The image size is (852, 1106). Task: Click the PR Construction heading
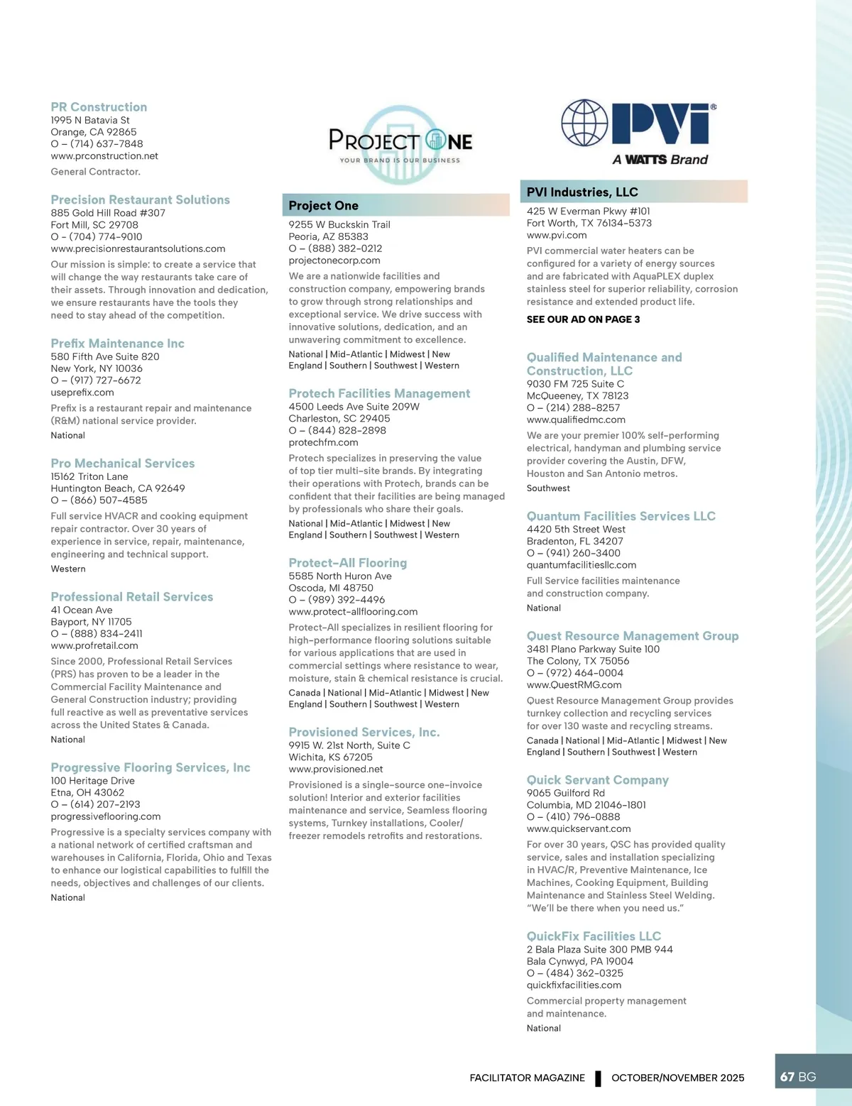[99, 107]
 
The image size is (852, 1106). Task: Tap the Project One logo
[400, 144]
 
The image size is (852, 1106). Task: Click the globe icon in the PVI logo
[584, 123]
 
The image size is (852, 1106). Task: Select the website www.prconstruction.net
[104, 156]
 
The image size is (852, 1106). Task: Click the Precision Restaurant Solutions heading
[140, 200]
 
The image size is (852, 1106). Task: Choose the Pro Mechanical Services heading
[122, 464]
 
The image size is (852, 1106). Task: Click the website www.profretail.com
[94, 646]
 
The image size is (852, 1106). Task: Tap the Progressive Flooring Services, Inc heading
[151, 768]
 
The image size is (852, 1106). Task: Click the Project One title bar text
[323, 206]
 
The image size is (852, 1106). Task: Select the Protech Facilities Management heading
[379, 394]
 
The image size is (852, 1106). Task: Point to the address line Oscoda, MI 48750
[331, 588]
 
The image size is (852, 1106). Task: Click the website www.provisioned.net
[336, 770]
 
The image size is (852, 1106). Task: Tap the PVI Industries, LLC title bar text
[582, 192]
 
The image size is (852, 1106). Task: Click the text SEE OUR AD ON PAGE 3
[583, 319]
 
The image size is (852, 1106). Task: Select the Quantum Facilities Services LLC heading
[621, 517]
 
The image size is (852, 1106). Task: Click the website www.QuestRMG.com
[574, 685]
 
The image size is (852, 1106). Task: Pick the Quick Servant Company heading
[597, 780]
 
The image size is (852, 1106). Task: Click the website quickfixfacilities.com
[574, 985]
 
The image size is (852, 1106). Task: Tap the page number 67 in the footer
[787, 1077]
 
